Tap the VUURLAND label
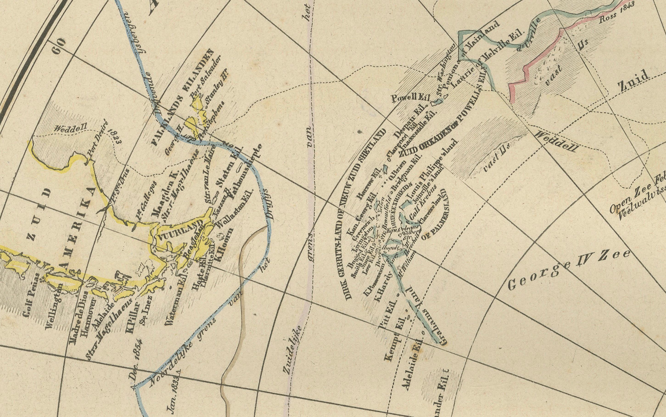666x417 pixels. [x=180, y=231]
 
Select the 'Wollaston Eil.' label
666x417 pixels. [x=235, y=209]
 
